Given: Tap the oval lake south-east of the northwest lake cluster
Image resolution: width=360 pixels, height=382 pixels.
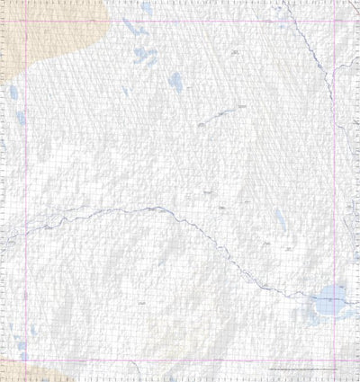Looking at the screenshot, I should coord(175,81).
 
